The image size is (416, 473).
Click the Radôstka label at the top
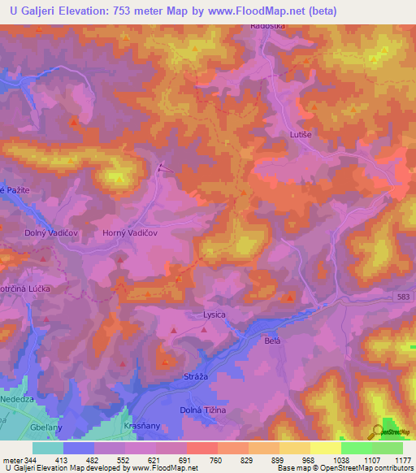(266, 25)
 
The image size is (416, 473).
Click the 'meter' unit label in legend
(11, 459)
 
